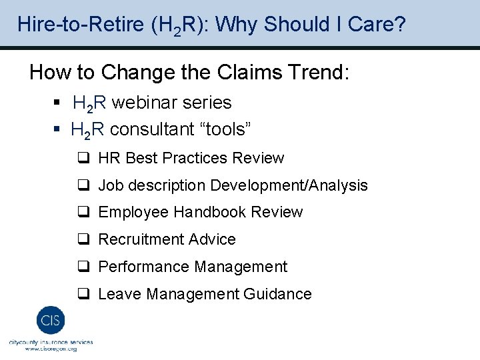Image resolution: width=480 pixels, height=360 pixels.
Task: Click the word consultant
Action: (x=155, y=129)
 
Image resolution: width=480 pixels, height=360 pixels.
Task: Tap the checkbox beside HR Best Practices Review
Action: (x=83, y=159)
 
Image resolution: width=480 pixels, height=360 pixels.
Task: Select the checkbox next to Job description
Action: (x=83, y=186)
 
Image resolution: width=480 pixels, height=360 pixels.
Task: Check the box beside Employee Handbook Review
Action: (x=83, y=213)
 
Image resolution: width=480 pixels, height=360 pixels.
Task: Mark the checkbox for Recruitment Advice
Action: (x=83, y=240)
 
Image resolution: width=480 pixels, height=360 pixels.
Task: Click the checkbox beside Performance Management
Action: (x=83, y=267)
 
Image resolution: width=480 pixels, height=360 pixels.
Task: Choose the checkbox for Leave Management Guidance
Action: (x=83, y=295)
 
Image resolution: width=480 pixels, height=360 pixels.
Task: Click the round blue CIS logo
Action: (x=50, y=321)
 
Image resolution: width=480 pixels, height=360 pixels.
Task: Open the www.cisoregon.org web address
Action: (x=51, y=349)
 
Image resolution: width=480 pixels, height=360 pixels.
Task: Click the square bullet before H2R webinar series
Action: (x=57, y=103)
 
